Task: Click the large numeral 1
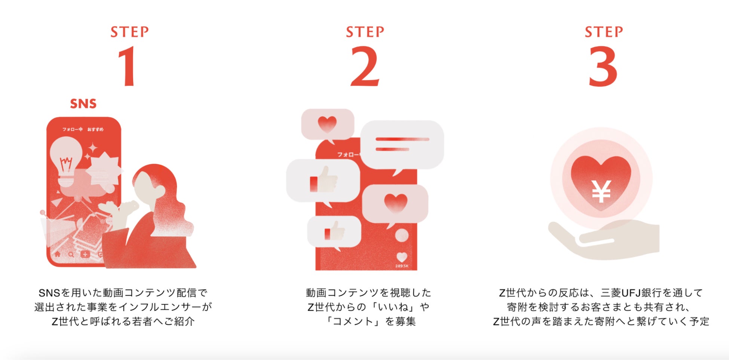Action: click(128, 67)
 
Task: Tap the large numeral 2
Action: click(365, 67)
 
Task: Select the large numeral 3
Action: click(603, 67)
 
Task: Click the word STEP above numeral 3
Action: click(604, 32)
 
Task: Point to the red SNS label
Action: click(83, 104)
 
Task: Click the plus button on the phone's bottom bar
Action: click(85, 254)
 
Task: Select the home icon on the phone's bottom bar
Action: click(57, 254)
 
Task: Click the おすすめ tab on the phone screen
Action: click(95, 129)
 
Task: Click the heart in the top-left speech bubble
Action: click(327, 124)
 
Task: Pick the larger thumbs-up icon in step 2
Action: click(324, 181)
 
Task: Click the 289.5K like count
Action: click(402, 266)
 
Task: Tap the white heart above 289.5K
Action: click(402, 257)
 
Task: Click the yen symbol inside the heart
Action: click(602, 191)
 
